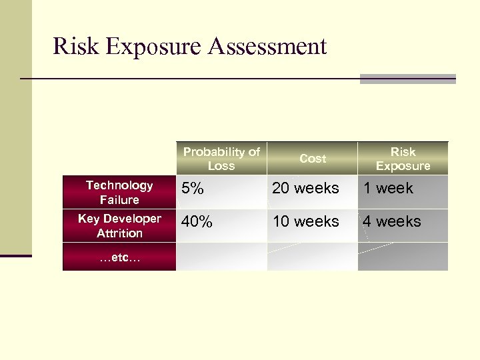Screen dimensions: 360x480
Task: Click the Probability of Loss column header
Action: coord(221,159)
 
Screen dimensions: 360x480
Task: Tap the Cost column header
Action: coord(313,159)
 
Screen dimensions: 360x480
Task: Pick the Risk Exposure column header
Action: coord(403,159)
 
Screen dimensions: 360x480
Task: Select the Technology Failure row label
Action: coord(119,192)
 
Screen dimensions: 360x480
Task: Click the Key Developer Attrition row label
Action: coord(119,226)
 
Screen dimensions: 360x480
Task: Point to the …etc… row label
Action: coord(119,257)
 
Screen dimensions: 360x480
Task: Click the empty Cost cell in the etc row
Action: coord(313,257)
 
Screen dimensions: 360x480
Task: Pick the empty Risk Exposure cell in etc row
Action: coord(403,257)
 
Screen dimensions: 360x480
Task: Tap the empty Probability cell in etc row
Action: coord(221,257)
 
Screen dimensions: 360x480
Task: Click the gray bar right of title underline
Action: coord(407,79)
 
